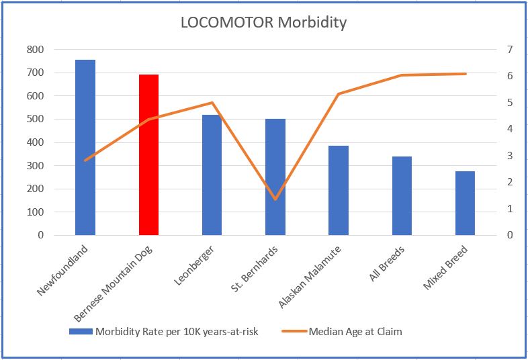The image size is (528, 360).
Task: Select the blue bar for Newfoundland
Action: coord(85,147)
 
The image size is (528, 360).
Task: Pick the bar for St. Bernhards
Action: coord(275,177)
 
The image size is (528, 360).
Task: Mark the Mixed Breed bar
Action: coord(465,203)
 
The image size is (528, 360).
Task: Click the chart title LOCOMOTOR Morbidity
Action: coord(263,22)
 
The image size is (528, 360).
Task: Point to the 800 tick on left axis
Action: coord(36,50)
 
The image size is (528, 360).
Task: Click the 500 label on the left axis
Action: coord(36,120)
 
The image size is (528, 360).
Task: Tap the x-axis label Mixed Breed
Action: coord(446,268)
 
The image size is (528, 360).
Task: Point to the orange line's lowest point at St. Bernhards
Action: coord(275,199)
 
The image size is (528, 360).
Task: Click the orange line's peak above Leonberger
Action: coord(212,103)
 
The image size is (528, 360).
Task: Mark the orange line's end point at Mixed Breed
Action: coord(465,74)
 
